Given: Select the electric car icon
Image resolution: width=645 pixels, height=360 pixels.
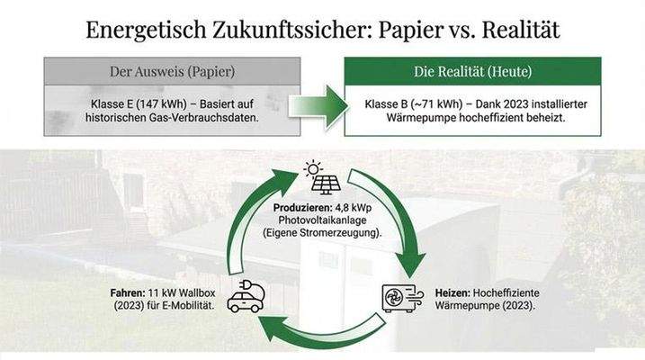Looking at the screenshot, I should pos(245,298).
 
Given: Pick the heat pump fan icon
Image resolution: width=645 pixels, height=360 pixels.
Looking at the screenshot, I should pos(400,298).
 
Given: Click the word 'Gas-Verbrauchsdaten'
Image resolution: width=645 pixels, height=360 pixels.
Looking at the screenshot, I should pos(196,117).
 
